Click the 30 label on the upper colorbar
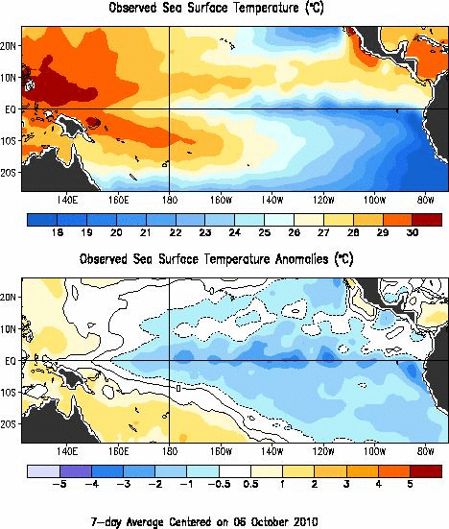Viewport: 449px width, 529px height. pos(410,233)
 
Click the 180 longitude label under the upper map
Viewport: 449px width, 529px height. pos(170,201)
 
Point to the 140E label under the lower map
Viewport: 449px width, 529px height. pos(67,452)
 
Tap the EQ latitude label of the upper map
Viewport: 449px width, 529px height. pos(10,108)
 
